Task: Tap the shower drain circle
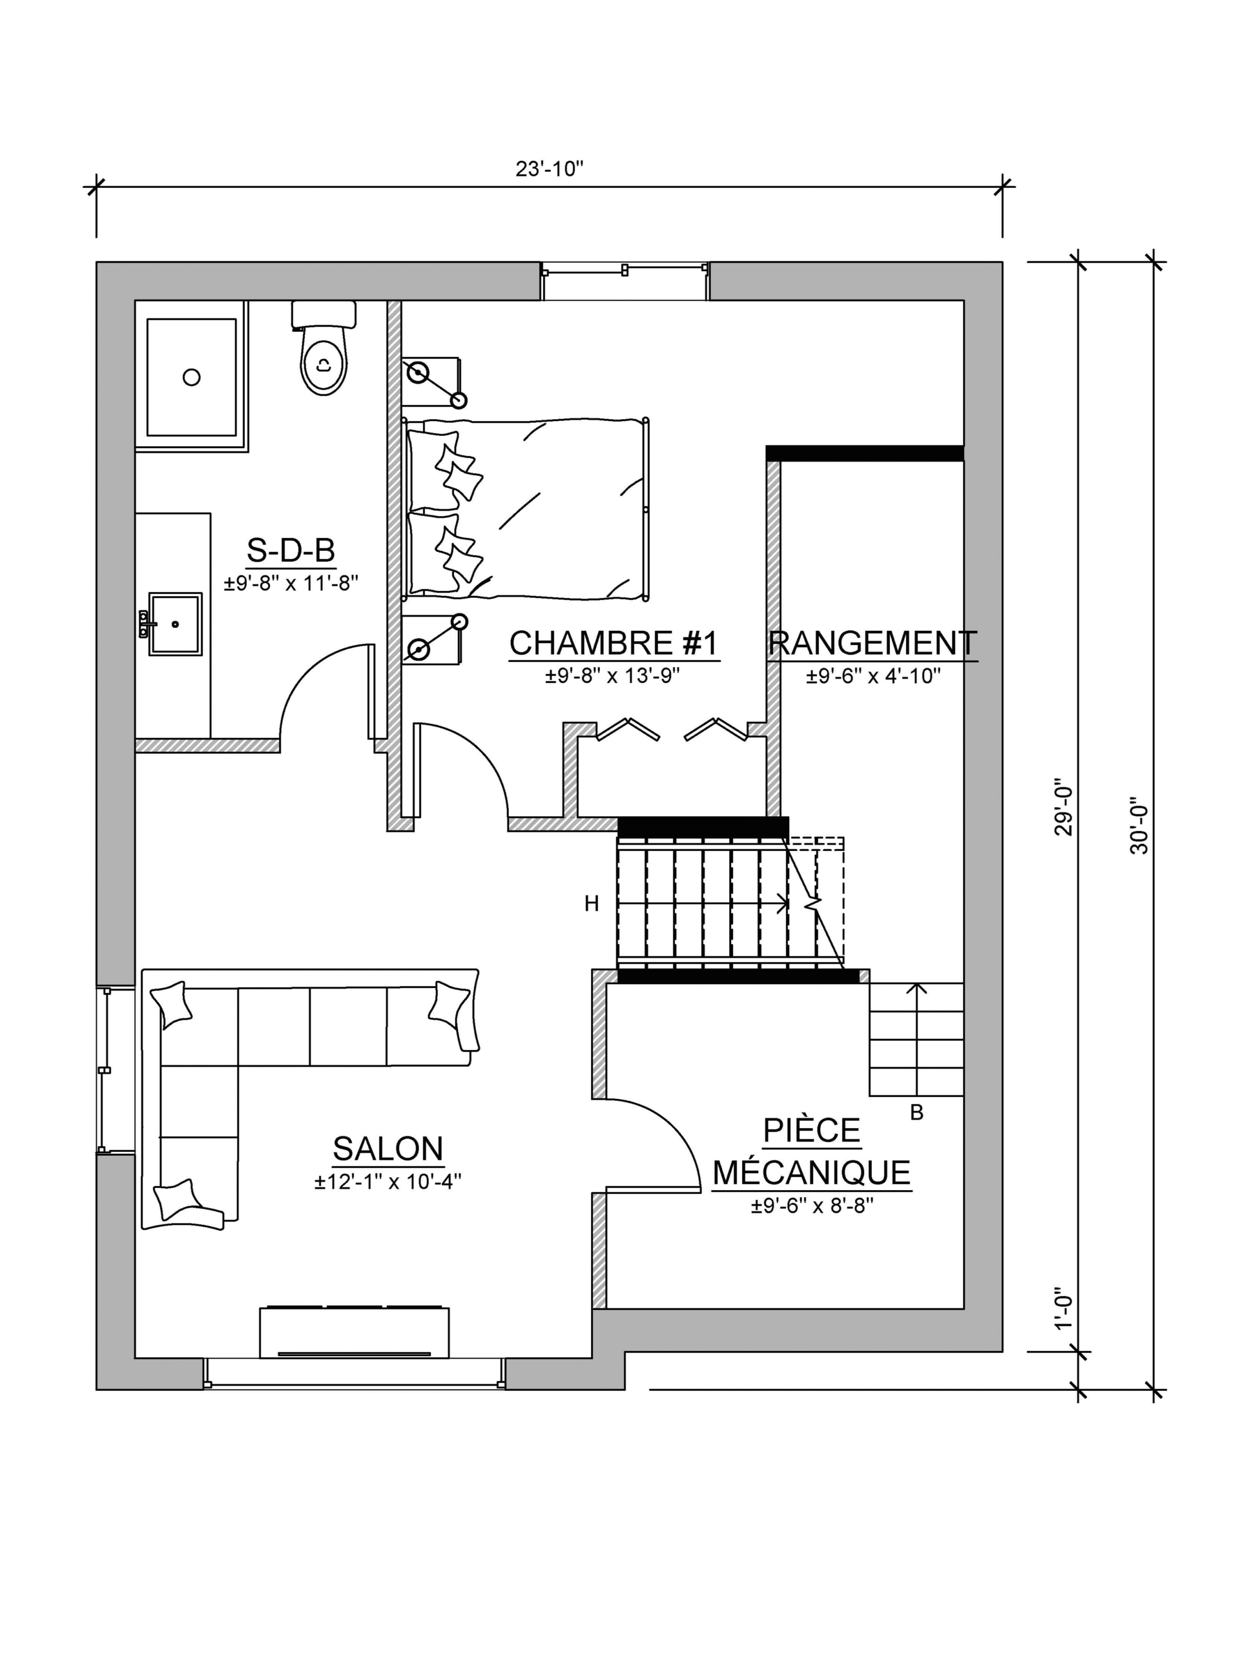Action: click(x=191, y=377)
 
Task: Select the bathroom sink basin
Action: click(x=176, y=624)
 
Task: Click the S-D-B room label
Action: click(x=291, y=551)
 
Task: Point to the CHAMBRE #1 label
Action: click(x=614, y=642)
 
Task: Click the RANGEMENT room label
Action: click(x=873, y=642)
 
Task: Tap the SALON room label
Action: click(x=388, y=1149)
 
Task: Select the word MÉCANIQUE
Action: click(x=812, y=1173)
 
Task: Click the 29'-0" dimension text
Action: click(x=1064, y=811)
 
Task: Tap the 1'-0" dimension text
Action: click(x=1064, y=1308)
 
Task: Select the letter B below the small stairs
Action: click(x=917, y=1113)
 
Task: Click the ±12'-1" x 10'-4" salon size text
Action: click(x=388, y=1182)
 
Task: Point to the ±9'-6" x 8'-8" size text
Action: click(x=812, y=1206)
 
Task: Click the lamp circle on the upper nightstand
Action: click(x=418, y=371)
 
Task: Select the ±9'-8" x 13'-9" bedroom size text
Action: click(x=612, y=675)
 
